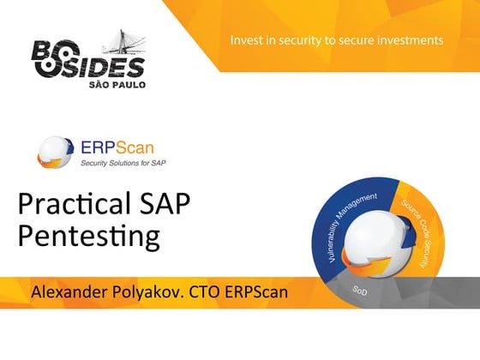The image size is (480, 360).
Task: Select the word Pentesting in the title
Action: click(x=88, y=237)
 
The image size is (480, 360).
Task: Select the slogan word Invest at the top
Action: click(x=247, y=40)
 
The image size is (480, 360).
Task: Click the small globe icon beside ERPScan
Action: click(x=56, y=152)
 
